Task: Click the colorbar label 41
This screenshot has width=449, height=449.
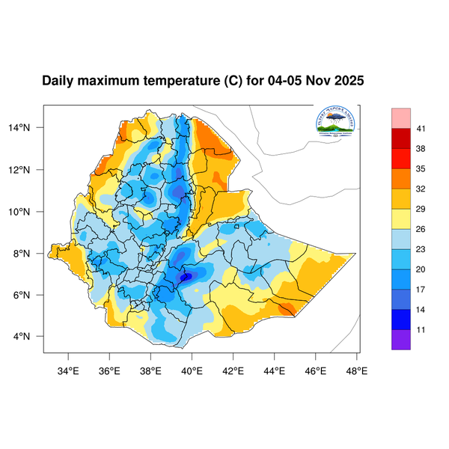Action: [x=421, y=129]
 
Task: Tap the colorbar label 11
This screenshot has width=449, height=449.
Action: [x=421, y=328]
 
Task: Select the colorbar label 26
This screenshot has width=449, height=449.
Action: [x=421, y=229]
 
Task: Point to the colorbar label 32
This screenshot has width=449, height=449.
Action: [x=421, y=189]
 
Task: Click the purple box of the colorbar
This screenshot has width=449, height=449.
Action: [x=401, y=339]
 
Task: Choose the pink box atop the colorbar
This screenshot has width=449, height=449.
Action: [x=401, y=118]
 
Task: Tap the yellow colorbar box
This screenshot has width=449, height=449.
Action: [x=401, y=219]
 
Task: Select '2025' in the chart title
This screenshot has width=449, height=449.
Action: [x=348, y=80]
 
